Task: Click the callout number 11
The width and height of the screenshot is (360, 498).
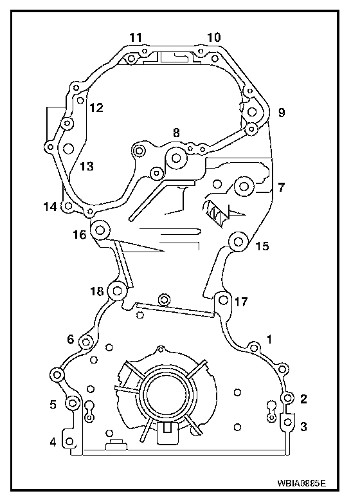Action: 136,37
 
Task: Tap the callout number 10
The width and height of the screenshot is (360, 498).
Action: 213,37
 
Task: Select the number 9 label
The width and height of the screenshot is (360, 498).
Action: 282,113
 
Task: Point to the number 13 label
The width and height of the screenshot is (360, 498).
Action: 87,166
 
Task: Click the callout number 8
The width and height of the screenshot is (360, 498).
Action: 176,133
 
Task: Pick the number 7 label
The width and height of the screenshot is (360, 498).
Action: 281,187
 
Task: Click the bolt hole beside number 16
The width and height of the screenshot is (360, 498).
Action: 100,230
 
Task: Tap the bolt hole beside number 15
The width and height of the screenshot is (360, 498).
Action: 238,242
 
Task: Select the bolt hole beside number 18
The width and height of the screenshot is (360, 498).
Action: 118,291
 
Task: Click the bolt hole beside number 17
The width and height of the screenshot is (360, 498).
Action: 224,299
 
